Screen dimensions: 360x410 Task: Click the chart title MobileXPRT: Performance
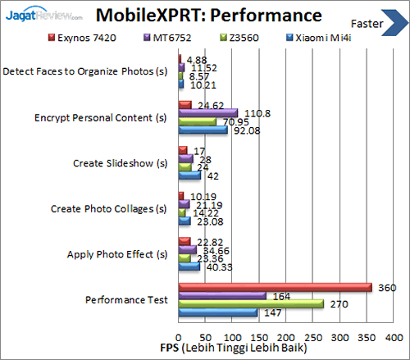tap(207, 15)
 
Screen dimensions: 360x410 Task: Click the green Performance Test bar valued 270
tap(250, 304)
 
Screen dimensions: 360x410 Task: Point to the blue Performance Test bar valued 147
tap(217, 312)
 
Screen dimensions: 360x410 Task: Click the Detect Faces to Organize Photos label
tap(89, 71)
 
